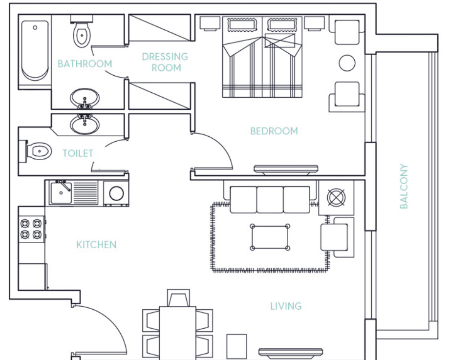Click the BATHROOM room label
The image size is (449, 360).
coord(85,64)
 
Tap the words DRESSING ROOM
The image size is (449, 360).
coord(165,62)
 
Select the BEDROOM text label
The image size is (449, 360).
coord(274,131)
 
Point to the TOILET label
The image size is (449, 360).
coord(78,153)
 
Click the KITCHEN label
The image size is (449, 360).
coord(96,244)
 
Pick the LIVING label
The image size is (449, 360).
coord(286,306)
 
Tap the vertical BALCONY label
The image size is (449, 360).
coord(404,186)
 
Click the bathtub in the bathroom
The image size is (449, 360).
coord(35,50)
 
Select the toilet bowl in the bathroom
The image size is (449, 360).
coord(81,34)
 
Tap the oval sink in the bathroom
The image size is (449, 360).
coord(85,99)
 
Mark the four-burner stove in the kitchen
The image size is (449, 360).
coord(31,229)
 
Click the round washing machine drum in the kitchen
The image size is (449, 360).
coord(116,193)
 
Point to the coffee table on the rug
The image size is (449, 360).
coord(269,237)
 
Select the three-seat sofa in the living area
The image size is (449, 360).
coord(270,199)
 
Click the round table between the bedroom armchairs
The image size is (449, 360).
coord(347,63)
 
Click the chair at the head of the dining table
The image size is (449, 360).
coord(178,297)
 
